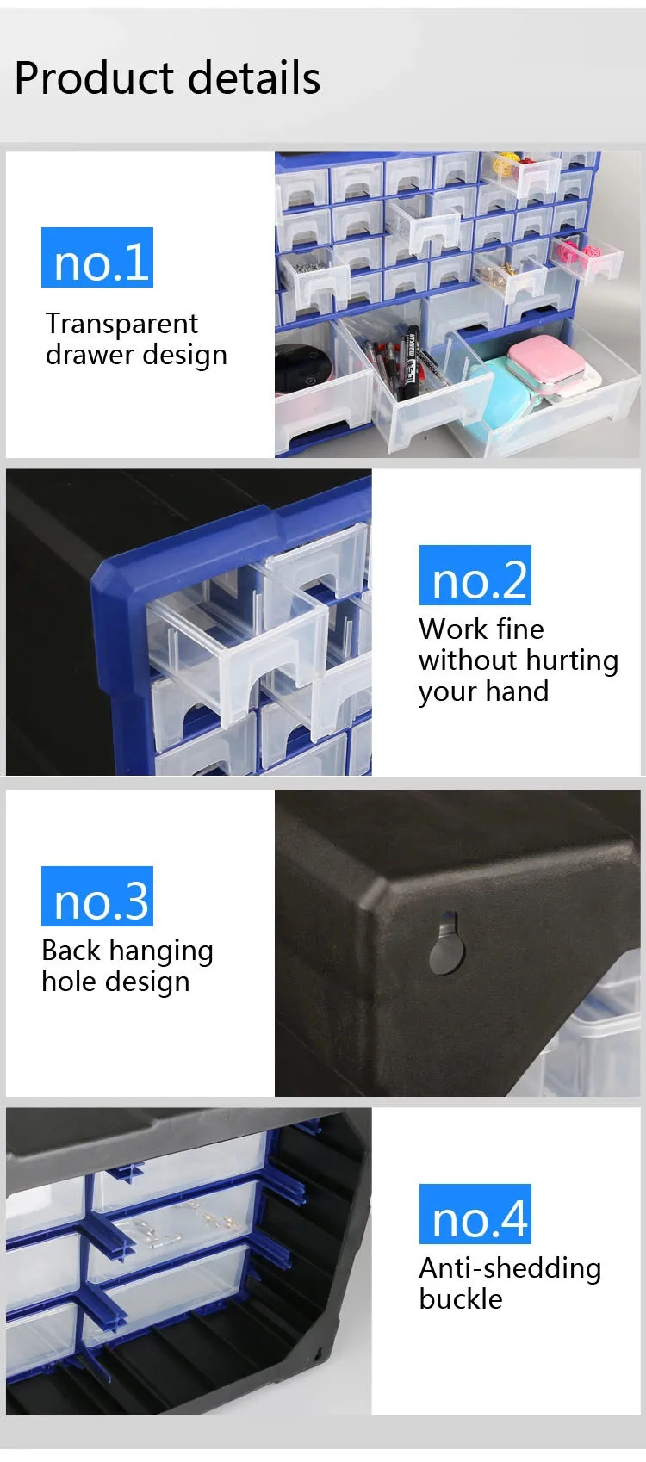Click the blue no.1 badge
(97, 257)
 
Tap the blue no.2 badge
(475, 575)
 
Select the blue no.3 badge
(97, 896)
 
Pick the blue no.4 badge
(475, 1214)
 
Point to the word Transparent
(121, 324)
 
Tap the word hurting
(571, 660)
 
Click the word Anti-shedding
(510, 1267)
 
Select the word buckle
(460, 1298)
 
